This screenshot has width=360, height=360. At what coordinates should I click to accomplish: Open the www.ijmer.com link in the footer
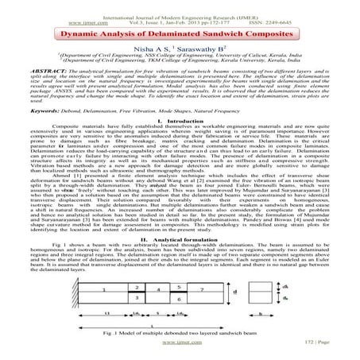coord(180,349)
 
